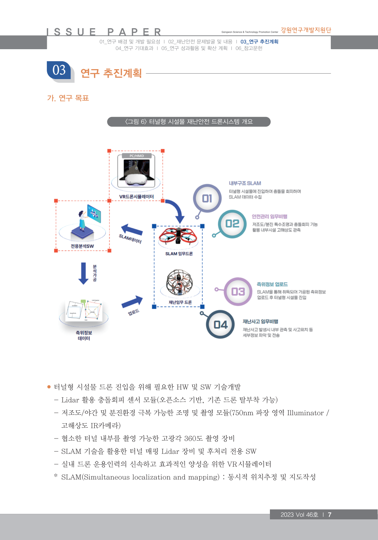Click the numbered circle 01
207,198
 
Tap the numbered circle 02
232,224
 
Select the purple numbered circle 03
238,292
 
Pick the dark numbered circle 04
220,324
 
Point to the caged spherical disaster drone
179,282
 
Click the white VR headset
136,179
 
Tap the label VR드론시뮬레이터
136,197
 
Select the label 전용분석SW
82,246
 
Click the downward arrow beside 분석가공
83,273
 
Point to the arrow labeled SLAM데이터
132,230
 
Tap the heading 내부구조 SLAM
245,183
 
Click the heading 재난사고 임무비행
260,321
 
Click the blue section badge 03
59,70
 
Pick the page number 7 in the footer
329,515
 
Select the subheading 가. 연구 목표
68,98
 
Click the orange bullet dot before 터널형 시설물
49,387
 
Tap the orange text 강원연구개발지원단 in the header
306,30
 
